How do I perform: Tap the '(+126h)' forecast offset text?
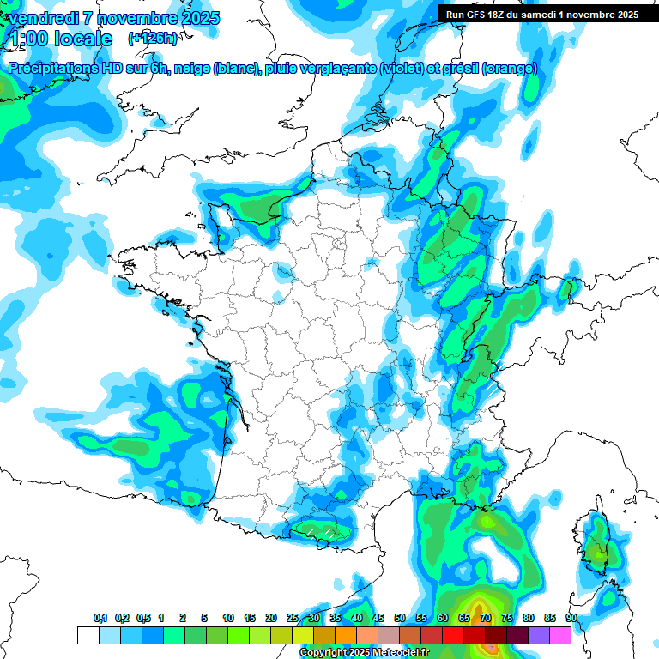[153, 38]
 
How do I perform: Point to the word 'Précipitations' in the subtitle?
[57, 69]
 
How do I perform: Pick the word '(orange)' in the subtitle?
[510, 69]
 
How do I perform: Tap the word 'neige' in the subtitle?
[193, 69]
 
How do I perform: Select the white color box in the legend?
[88, 635]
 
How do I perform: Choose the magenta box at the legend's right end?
[560, 635]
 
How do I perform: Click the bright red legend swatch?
[453, 635]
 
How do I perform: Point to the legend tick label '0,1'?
[100, 619]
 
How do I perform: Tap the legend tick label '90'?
[571, 619]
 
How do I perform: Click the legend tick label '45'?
[378, 619]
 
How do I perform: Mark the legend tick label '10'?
[228, 619]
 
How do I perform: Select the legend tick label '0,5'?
[142, 619]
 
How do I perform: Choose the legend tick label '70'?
[486, 619]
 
